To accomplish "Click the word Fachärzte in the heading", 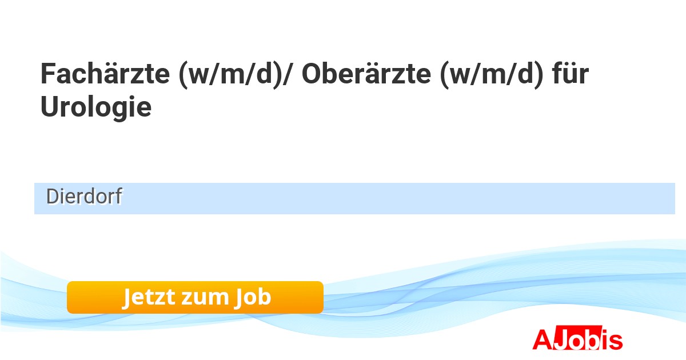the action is [105, 74].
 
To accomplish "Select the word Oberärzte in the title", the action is [366, 74].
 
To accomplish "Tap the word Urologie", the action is [96, 107].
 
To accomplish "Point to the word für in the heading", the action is [571, 74].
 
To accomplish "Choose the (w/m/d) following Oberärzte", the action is [492, 74].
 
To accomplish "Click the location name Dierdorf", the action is [84, 196].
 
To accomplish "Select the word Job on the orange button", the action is [253, 297].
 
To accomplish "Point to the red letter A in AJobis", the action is [543, 339].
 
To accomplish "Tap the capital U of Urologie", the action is [50, 106].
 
